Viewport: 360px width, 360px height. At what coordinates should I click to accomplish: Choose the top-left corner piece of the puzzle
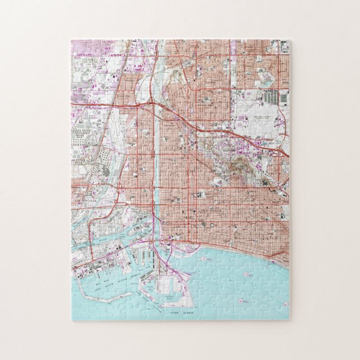point(79,47)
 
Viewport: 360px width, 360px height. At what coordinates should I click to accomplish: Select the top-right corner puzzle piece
point(282,47)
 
